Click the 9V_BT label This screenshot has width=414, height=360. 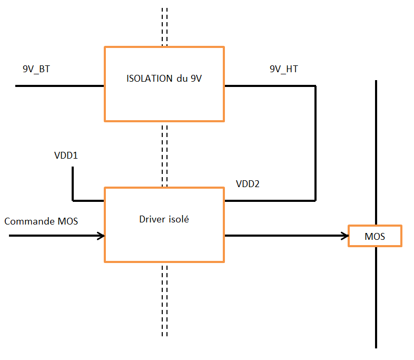(36, 69)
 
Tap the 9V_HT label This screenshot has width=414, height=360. (283, 69)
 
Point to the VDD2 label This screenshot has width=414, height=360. (248, 184)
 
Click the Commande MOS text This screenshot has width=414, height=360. (41, 221)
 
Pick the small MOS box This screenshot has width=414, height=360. (375, 236)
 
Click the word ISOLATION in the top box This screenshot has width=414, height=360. (149, 79)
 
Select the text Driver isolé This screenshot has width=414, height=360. (164, 219)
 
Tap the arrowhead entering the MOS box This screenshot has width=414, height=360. (345, 236)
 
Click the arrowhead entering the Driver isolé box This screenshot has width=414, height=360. (101, 236)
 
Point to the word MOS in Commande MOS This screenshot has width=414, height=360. (67, 221)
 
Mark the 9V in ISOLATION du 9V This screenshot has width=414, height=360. (196, 79)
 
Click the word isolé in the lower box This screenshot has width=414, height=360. (178, 219)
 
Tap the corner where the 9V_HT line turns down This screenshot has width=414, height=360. (315, 85)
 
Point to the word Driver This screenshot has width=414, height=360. (152, 219)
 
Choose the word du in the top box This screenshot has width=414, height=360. (182, 79)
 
